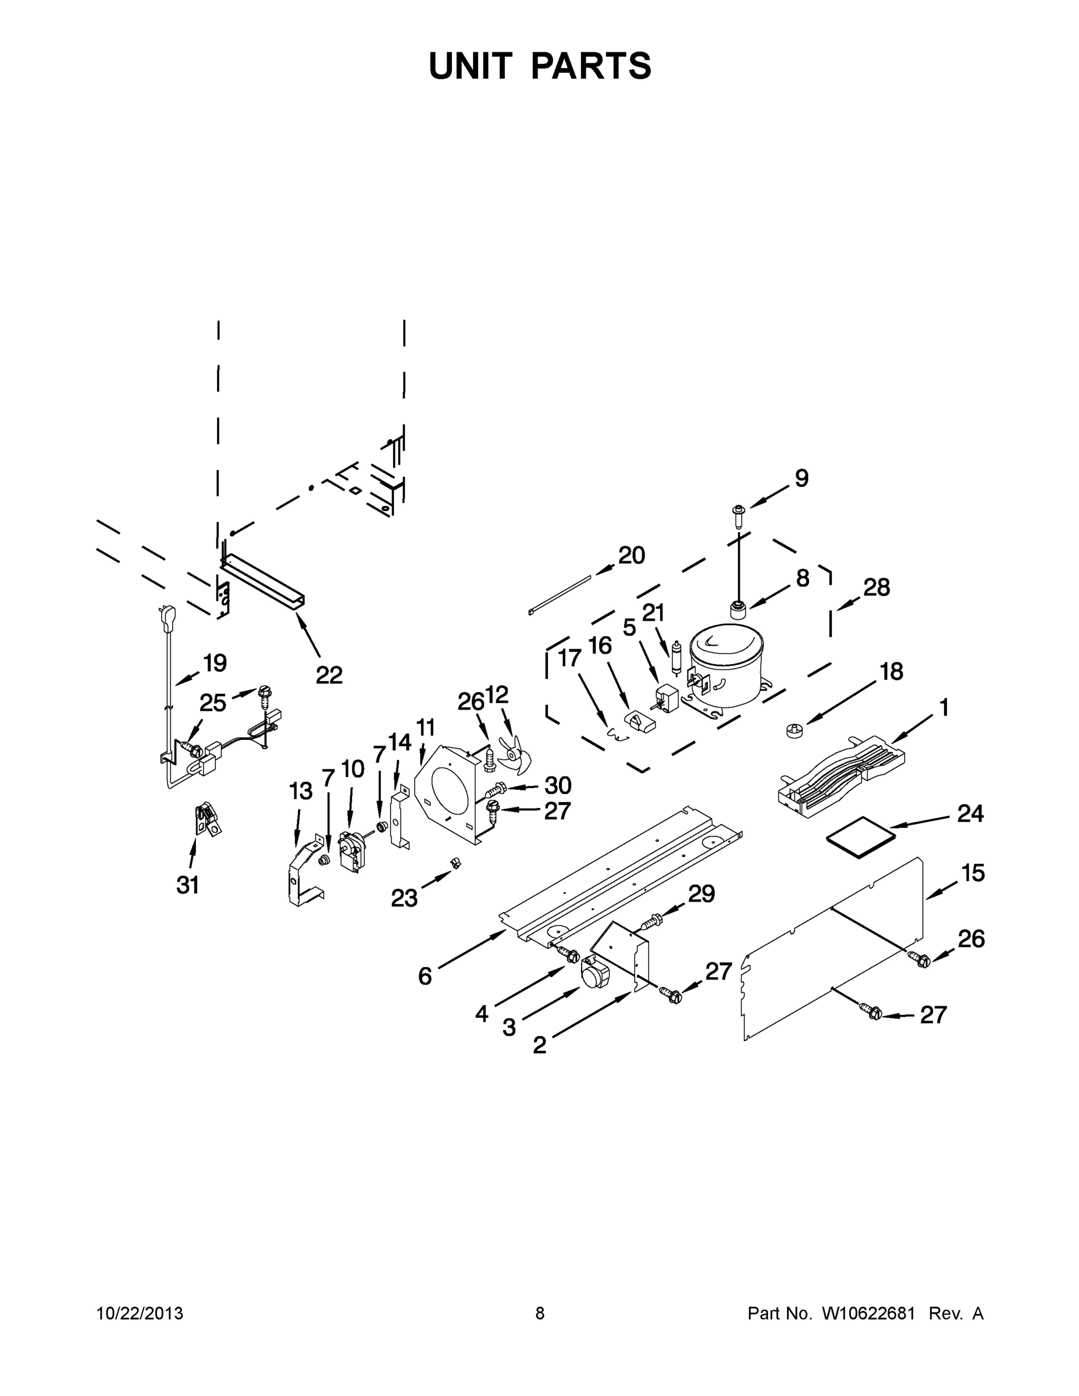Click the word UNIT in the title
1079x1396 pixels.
click(471, 66)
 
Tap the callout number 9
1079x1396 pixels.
click(801, 479)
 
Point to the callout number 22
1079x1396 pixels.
click(329, 675)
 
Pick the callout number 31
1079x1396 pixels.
click(188, 885)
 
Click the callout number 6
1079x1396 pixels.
click(425, 976)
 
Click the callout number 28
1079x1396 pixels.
click(877, 587)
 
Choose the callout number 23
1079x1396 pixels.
click(404, 898)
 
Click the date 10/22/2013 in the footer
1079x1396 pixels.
click(140, 1313)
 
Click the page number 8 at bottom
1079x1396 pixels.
click(540, 1313)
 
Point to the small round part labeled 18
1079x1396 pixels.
click(793, 730)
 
